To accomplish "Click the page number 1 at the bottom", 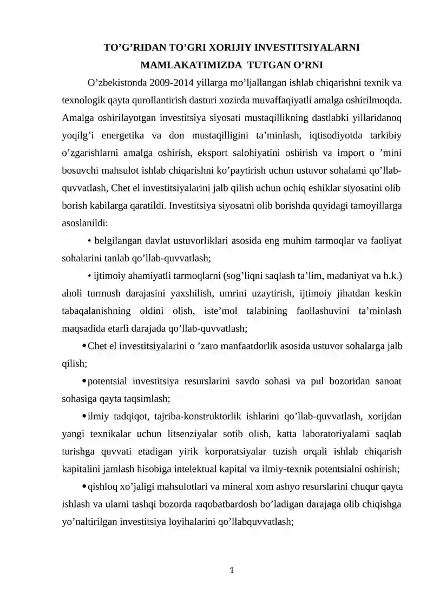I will [231, 570].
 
